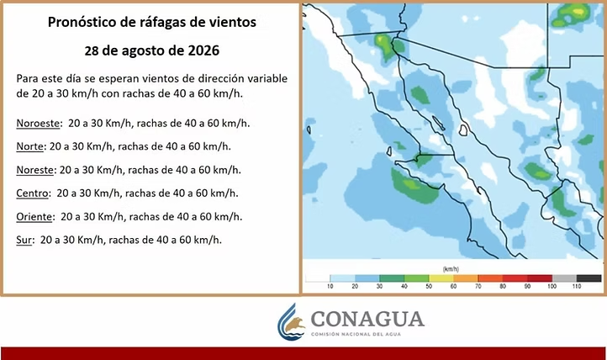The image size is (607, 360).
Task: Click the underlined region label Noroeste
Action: pyautogui.click(x=38, y=124)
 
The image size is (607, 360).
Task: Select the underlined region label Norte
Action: pyautogui.click(x=29, y=146)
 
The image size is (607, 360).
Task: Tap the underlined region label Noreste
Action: pyautogui.click(x=34, y=170)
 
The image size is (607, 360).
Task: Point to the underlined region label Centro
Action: pyautogui.click(x=33, y=193)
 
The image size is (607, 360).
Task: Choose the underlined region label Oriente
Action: pyautogui.click(x=34, y=216)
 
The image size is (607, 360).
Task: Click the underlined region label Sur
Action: pyautogui.click(x=24, y=240)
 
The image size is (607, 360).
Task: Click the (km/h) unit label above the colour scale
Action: pyautogui.click(x=451, y=268)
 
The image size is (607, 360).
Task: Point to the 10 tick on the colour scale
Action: pyautogui.click(x=330, y=287)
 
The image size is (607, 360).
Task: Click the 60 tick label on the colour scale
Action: pyautogui.click(x=453, y=287)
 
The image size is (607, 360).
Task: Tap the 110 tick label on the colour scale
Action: pyautogui.click(x=577, y=287)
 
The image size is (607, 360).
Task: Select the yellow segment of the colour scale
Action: pyautogui.click(x=441, y=278)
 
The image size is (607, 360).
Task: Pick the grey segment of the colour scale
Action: pyautogui.click(x=564, y=278)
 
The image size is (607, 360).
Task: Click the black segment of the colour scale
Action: pyautogui.click(x=589, y=278)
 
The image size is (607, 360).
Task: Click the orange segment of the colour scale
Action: pyautogui.click(x=466, y=278)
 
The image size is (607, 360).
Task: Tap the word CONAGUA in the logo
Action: pyautogui.click(x=367, y=319)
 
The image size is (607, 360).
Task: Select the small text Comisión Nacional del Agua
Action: pyautogui.click(x=356, y=334)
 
